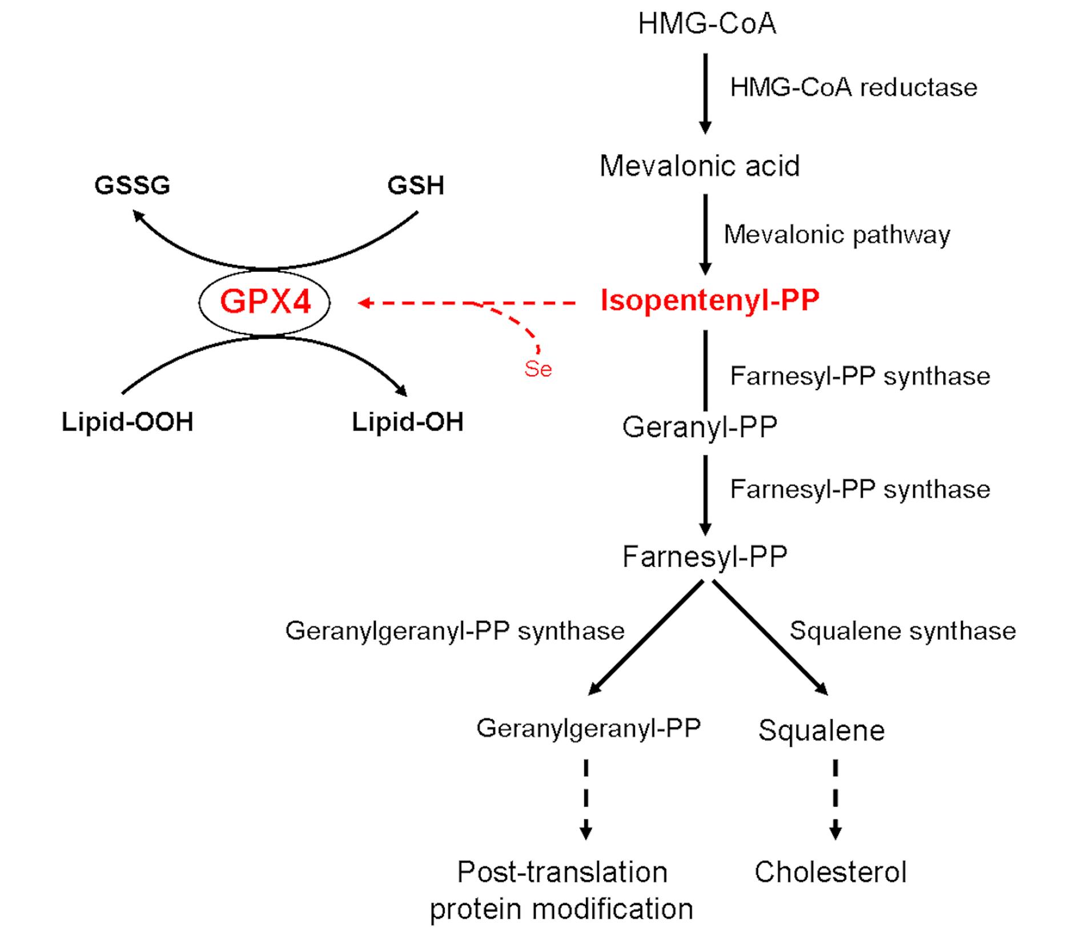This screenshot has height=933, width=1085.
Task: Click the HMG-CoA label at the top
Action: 707,25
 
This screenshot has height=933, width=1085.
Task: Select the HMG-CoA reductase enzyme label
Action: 854,88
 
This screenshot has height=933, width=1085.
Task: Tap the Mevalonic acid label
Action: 700,166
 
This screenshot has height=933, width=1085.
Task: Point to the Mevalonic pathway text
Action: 837,235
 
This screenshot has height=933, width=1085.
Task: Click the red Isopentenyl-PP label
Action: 710,300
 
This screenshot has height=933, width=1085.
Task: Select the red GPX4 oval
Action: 264,302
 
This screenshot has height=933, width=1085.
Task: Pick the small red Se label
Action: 538,369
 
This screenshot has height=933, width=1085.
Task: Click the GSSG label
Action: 132,186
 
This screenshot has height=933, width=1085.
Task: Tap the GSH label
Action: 416,186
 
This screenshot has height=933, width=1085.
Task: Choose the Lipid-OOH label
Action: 127,422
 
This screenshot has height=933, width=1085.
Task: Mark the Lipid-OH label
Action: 407,422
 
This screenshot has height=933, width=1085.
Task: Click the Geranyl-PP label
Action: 700,427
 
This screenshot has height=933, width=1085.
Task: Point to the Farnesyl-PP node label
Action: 705,557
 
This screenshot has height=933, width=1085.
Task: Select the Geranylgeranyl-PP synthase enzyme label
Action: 455,631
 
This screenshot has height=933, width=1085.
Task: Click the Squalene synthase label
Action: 902,631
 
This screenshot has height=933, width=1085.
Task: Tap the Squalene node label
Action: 821,730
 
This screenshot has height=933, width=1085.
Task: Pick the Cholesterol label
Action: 830,872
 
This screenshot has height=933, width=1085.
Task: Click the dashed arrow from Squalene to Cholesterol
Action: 835,799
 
